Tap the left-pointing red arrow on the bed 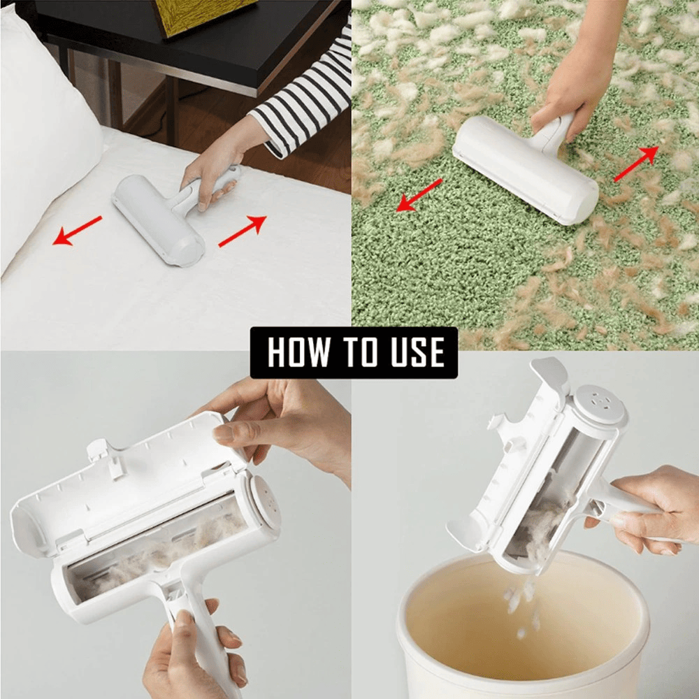[78, 231]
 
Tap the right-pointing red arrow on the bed [242, 231]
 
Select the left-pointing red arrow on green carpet [419, 194]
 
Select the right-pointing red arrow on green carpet [635, 164]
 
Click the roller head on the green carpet [524, 168]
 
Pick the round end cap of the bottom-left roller [264, 499]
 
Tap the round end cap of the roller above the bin [598, 404]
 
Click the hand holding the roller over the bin [650, 510]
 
